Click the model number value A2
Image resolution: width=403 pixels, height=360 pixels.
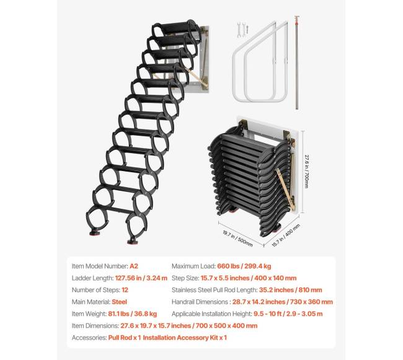click(x=134, y=266)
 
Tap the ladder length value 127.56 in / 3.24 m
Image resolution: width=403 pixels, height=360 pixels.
click(x=141, y=278)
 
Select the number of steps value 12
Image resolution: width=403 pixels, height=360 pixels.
click(x=125, y=290)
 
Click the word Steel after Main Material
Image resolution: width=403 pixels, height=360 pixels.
click(x=119, y=302)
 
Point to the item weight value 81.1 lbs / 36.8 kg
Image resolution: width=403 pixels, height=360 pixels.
click(x=132, y=314)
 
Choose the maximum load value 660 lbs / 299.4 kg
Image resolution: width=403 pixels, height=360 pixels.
click(x=244, y=266)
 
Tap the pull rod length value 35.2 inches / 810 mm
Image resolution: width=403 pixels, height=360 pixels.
click(x=290, y=290)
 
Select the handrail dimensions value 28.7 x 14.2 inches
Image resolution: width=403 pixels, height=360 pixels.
click(x=260, y=302)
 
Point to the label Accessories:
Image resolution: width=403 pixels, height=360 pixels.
click(x=89, y=338)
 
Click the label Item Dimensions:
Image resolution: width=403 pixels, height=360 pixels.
click(x=95, y=325)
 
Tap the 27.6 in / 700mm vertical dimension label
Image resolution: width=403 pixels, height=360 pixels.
click(x=306, y=172)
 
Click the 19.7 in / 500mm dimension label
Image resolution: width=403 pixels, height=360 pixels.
click(x=237, y=239)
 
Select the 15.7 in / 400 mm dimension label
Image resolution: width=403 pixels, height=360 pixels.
click(x=286, y=235)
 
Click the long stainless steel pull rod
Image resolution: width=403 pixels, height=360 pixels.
click(x=297, y=63)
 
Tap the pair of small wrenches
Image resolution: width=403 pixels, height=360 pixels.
click(x=242, y=30)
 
